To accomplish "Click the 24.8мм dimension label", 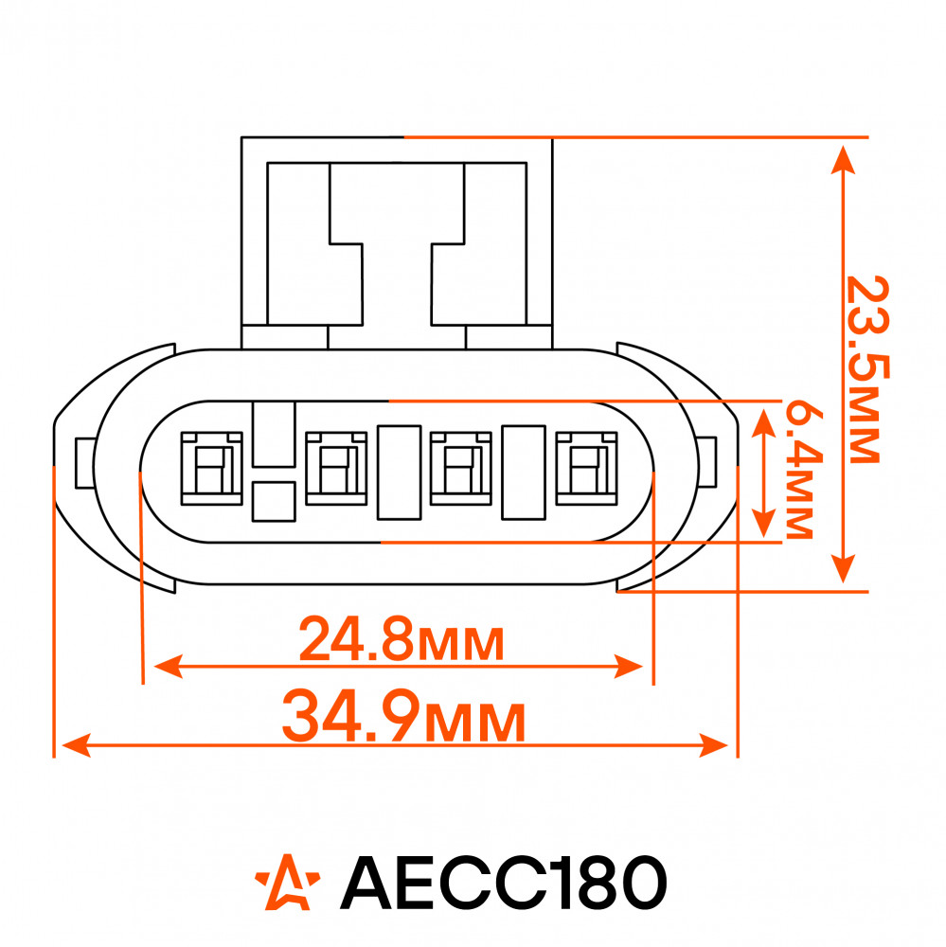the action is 402,639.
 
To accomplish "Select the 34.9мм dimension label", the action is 403,718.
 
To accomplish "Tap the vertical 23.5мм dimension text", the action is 867,369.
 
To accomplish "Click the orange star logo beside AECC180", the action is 288,882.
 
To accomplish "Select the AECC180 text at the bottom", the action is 504,882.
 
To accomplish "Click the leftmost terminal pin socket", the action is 211,468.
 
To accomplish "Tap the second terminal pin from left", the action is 336,468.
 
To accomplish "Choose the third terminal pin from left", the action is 461,468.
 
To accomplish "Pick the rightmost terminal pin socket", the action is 586,468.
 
